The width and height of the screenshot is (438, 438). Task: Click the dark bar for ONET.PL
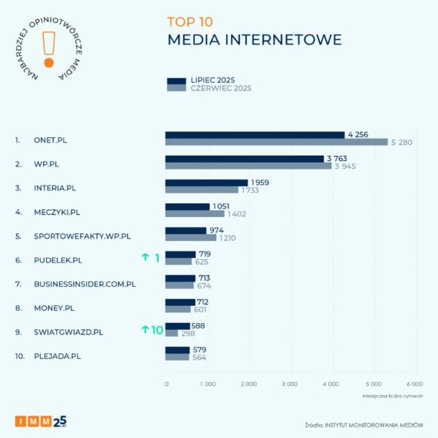pyautogui.click(x=255, y=135)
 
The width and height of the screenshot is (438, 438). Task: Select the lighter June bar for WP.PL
pyautogui.click(x=248, y=166)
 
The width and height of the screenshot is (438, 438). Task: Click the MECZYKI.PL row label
pyautogui.click(x=57, y=212)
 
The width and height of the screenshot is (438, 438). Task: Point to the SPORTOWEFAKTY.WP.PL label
pyautogui.click(x=83, y=235)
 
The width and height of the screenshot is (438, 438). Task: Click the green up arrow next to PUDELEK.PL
pyautogui.click(x=144, y=259)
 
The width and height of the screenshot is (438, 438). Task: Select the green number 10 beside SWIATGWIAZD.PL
pyautogui.click(x=156, y=330)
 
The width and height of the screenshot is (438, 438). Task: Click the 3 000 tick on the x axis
pyautogui.click(x=290, y=383)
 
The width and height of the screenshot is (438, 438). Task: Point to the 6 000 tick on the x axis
pyautogui.click(x=413, y=383)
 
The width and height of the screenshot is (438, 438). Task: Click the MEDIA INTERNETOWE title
pyautogui.click(x=254, y=39)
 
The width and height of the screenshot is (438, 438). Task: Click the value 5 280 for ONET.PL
pyautogui.click(x=401, y=142)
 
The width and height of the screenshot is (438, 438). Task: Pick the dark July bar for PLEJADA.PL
pyautogui.click(x=177, y=350)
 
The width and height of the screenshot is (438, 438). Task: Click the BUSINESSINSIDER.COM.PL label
pyautogui.click(x=85, y=284)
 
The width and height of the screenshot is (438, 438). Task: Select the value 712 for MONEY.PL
pyautogui.click(x=202, y=301)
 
